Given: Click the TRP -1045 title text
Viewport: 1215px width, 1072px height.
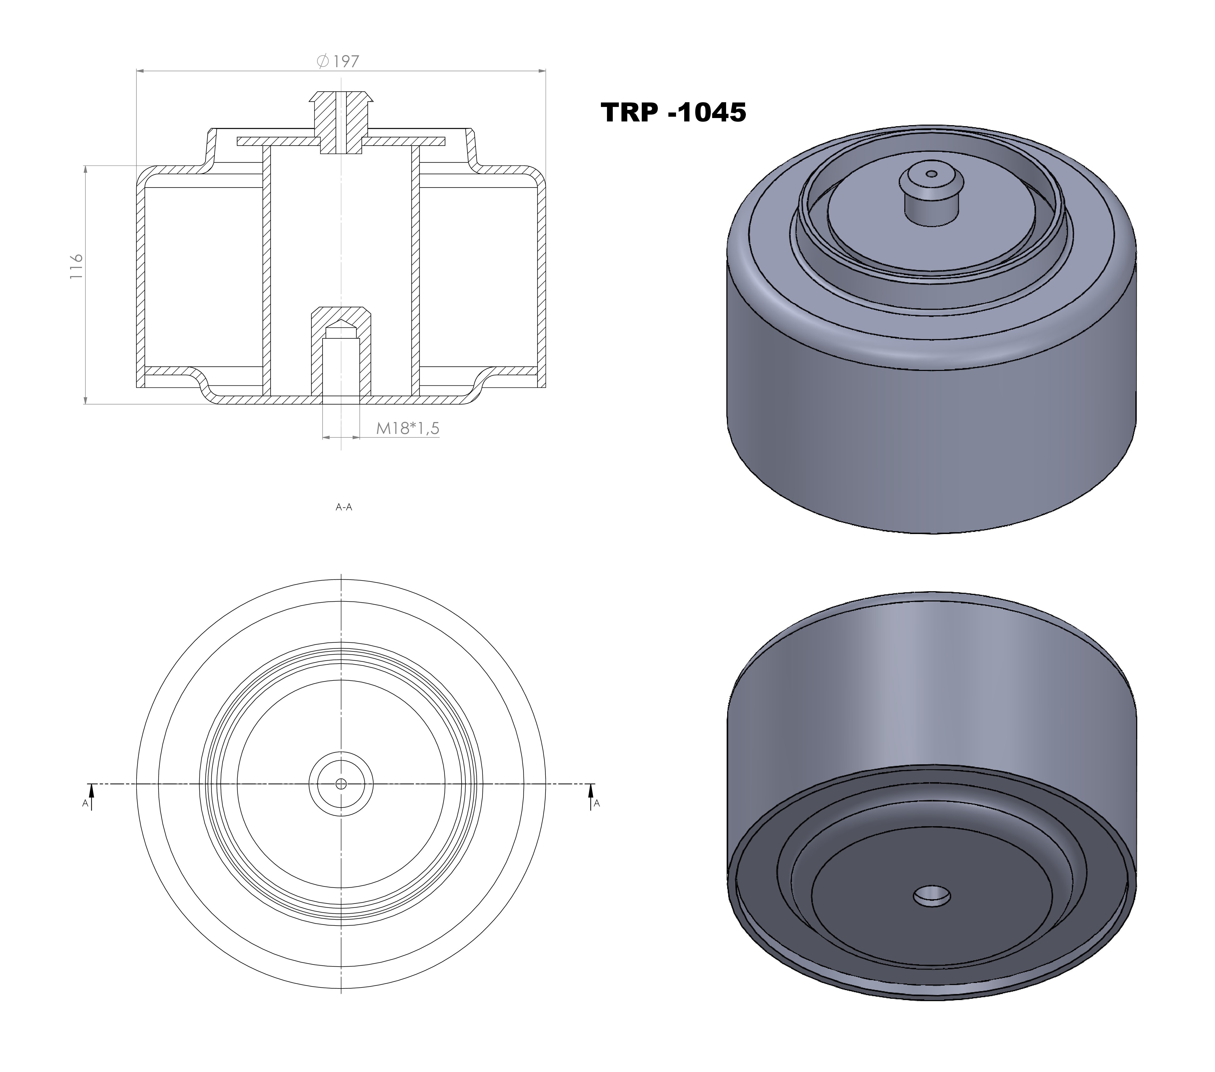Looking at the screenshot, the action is [673, 112].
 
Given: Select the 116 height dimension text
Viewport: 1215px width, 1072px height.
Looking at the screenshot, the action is [76, 267].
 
